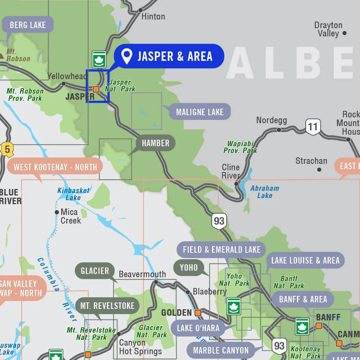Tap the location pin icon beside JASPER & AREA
[x=126, y=56]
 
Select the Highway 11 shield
[x=313, y=127]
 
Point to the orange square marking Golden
[x=198, y=313]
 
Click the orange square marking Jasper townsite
[x=96, y=89]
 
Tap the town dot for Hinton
[x=140, y=10]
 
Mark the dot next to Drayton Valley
[x=344, y=33]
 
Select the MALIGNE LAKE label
[x=200, y=112]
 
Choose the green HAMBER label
[x=155, y=143]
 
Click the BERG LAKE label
[x=28, y=25]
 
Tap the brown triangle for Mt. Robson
[x=2, y=56]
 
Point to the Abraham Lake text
[x=265, y=192]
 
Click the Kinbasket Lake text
[x=73, y=194]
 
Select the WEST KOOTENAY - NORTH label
[x=55, y=167]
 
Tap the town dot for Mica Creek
[x=57, y=212]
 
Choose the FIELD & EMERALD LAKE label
[x=221, y=249]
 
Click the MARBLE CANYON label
[x=221, y=350]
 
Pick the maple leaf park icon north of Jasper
[x=99, y=59]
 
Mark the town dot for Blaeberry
[x=188, y=292]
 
